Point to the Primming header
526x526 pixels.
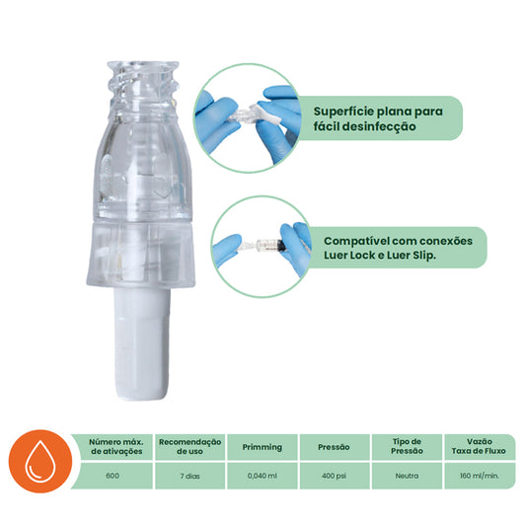[x=262, y=446]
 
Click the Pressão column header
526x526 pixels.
[x=334, y=446]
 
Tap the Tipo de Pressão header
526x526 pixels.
[x=407, y=446]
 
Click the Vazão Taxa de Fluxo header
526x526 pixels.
[x=479, y=446]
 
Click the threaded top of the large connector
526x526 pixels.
[x=144, y=80]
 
